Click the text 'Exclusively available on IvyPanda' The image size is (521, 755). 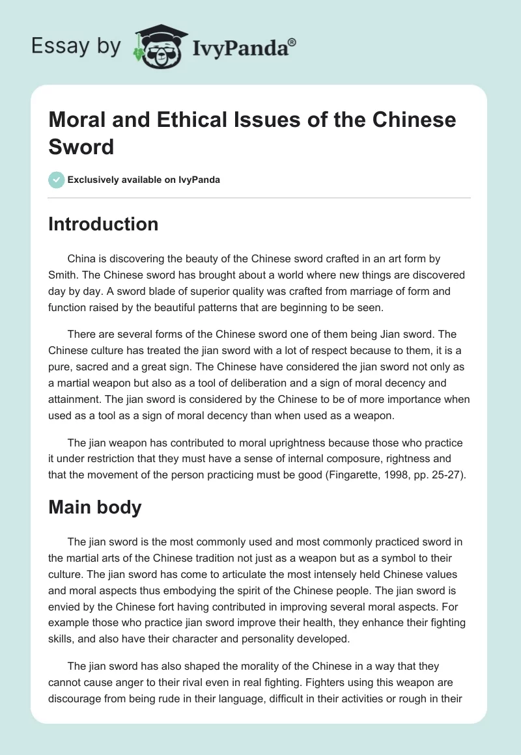click(143, 180)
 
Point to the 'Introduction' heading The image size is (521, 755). click(103, 224)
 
